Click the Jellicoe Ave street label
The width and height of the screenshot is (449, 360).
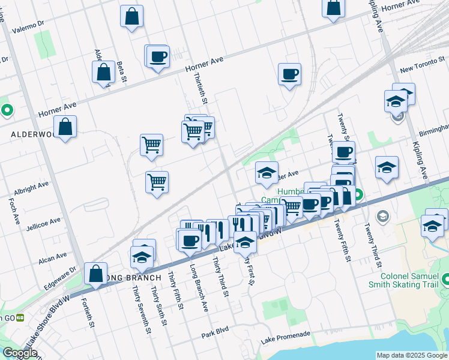tap(44, 224)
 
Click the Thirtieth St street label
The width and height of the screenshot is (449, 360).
tap(200, 88)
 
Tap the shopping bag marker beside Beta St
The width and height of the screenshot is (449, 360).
tap(104, 72)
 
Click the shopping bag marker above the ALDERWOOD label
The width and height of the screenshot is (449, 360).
tap(65, 127)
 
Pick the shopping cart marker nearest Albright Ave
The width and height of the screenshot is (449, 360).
tap(157, 181)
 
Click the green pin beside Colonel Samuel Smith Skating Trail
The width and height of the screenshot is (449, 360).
tap(446, 279)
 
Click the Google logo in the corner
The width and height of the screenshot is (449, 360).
tap(20, 353)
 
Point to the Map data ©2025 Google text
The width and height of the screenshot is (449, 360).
tap(411, 355)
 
